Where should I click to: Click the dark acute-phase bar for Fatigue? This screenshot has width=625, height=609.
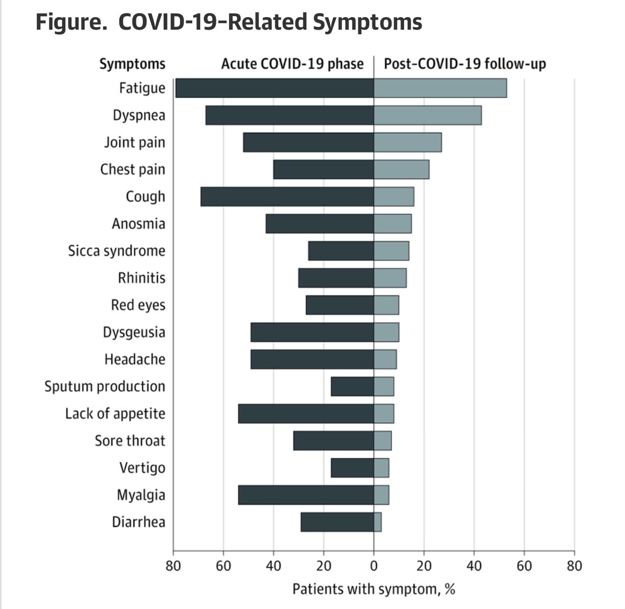[274, 88]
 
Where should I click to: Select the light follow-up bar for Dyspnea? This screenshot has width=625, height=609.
[428, 115]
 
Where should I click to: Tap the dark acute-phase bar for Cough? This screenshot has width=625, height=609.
[287, 196]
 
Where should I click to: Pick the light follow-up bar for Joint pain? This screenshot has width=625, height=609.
[408, 142]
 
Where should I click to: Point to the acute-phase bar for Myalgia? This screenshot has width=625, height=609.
[306, 495]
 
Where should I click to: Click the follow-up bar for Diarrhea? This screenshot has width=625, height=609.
[377, 522]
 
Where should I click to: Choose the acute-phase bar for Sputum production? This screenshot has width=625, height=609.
[352, 387]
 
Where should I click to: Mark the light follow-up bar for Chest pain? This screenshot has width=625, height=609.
[402, 170]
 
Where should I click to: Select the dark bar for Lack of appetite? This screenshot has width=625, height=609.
[306, 414]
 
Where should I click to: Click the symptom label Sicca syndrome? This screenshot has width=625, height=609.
[117, 251]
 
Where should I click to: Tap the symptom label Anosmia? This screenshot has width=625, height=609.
[138, 223]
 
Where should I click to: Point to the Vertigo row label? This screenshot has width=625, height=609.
[142, 468]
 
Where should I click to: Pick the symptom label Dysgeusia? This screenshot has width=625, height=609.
[134, 332]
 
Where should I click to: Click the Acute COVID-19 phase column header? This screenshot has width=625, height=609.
[292, 64]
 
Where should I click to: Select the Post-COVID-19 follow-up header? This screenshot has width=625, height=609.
[465, 64]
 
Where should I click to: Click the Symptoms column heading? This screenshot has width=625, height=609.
[132, 64]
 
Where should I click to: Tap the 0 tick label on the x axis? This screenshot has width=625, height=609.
[374, 566]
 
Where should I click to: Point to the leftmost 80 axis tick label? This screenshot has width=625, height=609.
[174, 566]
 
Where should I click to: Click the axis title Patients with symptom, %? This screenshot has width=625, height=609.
[374, 589]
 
